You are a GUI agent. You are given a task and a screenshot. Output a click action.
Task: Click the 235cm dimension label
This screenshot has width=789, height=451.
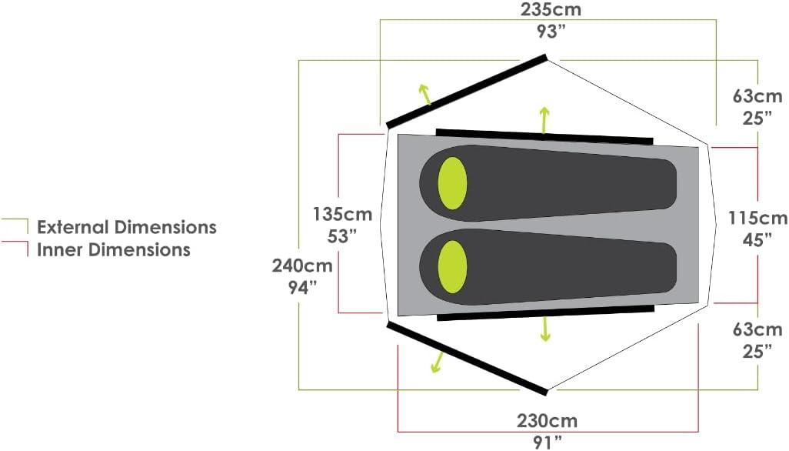[551, 9]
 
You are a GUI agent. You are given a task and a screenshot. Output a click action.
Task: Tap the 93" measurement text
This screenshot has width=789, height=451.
[551, 32]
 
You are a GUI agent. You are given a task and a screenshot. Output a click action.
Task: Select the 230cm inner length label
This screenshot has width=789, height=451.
[548, 420]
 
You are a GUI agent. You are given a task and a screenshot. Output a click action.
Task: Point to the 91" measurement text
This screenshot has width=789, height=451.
[548, 443]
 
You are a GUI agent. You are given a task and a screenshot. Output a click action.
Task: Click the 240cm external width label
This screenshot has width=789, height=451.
[302, 266]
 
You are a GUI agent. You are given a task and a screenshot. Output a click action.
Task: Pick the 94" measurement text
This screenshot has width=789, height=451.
[302, 287]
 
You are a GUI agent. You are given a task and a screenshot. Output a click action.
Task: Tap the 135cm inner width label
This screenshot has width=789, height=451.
[342, 214]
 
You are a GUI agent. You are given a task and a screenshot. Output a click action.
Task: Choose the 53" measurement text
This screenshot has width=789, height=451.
[342, 236]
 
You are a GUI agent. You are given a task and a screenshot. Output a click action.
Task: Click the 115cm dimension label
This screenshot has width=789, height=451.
[757, 218]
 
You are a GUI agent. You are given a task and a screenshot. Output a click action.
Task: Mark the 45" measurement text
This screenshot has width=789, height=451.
[757, 240]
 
